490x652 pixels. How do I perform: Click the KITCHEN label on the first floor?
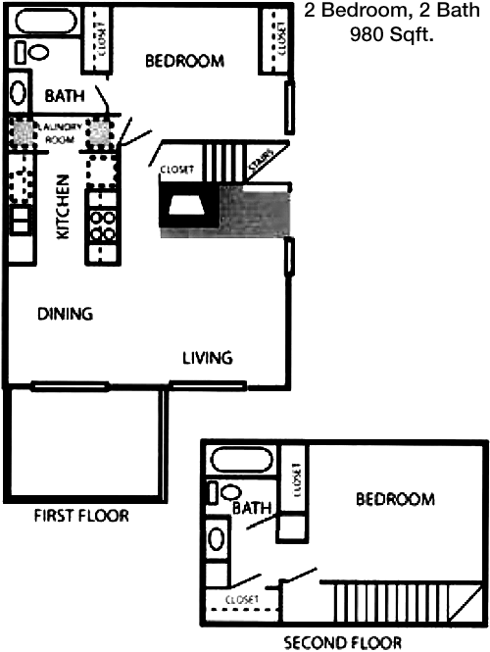[62, 208]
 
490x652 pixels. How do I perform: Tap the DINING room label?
[65, 315]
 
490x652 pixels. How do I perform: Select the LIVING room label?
[208, 357]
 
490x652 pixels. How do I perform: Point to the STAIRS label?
[260, 166]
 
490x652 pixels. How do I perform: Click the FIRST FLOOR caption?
[80, 516]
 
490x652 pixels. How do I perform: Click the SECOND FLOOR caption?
[342, 643]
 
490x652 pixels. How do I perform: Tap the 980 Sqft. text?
[391, 35]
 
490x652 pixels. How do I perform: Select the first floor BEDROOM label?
[184, 61]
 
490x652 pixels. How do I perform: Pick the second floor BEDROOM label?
[394, 499]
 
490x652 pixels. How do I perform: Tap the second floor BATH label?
[252, 508]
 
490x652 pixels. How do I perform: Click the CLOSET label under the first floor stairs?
[179, 169]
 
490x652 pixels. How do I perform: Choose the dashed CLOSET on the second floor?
[241, 599]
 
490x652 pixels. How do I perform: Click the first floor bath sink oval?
[18, 92]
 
